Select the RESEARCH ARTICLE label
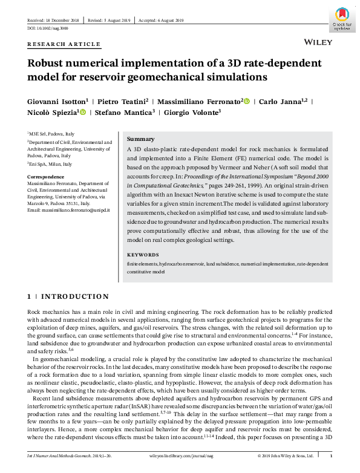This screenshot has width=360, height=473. (64, 45)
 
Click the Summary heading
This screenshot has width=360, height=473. (140, 139)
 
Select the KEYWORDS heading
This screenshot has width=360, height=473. (143, 255)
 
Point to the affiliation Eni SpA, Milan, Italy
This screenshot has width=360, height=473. (50, 164)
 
